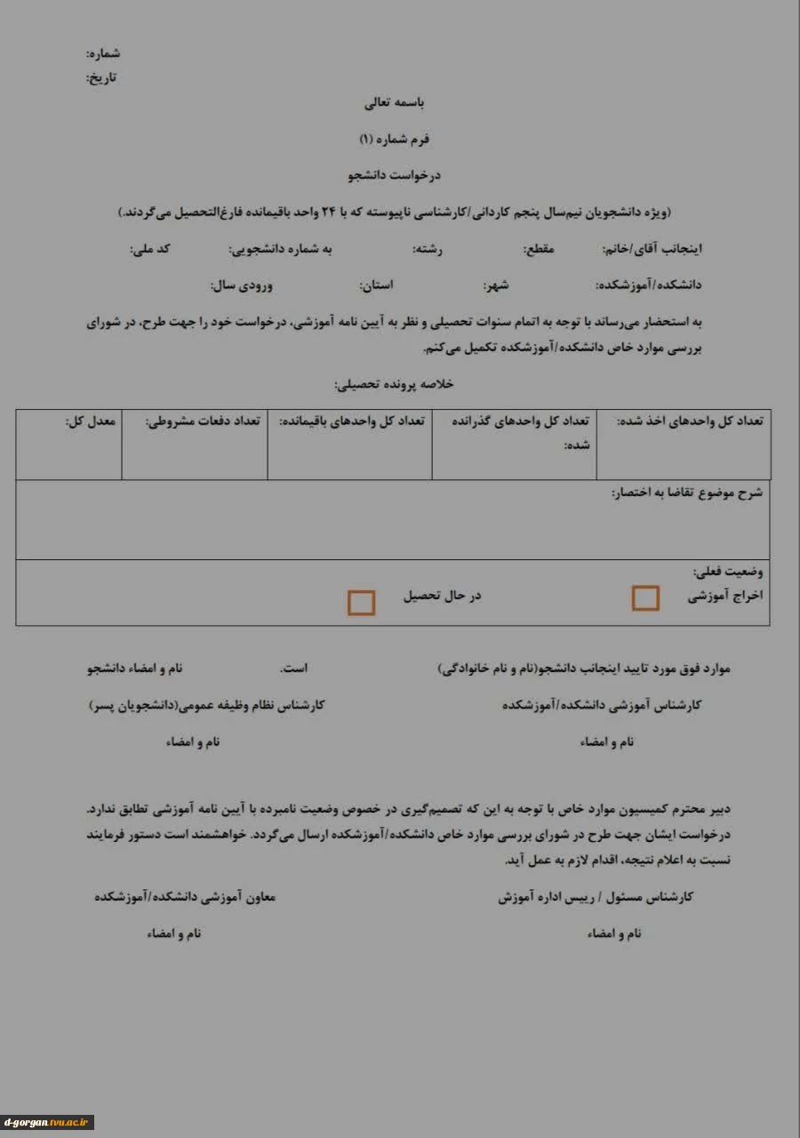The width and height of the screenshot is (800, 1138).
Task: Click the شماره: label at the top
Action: tap(103, 54)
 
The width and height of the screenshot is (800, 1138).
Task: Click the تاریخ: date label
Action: tap(101, 77)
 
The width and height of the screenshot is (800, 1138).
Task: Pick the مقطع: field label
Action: tap(538, 249)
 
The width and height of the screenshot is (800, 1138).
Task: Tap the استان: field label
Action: tap(376, 285)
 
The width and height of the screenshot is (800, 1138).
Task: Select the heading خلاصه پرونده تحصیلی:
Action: tap(394, 384)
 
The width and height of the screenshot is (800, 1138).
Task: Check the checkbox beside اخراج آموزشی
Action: tap(645, 598)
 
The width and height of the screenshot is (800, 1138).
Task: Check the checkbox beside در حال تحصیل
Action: tap(361, 603)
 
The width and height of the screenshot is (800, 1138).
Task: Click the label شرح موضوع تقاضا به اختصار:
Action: tap(686, 493)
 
